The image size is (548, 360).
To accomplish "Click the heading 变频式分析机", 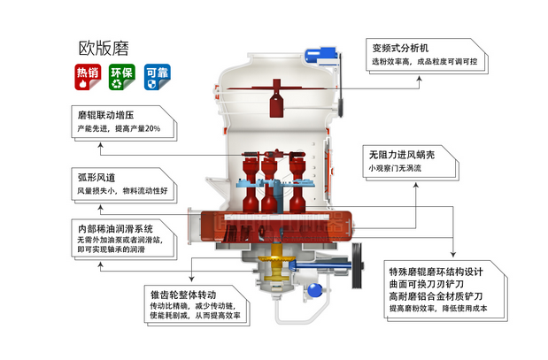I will [x=401, y=47].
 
